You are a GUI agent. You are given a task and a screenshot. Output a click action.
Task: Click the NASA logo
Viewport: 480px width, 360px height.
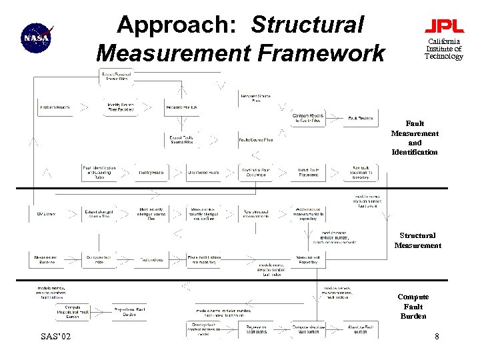click(36, 37)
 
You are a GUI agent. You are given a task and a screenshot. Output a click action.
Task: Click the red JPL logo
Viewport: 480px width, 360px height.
click(444, 27)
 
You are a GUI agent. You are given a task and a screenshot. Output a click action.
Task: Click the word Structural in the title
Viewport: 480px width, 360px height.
click(307, 25)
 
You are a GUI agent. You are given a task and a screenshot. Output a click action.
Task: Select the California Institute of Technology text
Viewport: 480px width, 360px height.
click(444, 49)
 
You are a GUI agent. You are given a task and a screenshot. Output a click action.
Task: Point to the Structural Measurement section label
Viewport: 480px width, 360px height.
click(417, 240)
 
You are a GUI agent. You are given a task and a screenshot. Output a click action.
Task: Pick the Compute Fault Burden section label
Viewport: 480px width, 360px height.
click(413, 306)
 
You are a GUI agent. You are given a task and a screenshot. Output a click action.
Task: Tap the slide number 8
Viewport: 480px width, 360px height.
click(437, 337)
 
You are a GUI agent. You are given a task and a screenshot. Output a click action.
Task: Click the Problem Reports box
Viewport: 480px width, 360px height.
click(55, 107)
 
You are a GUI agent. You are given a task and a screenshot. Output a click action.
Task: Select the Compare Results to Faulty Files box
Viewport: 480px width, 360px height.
click(308, 118)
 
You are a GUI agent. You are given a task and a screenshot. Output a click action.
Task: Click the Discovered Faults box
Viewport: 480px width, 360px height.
click(203, 173)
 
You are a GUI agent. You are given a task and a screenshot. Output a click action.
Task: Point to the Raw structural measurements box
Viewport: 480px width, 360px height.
click(256, 213)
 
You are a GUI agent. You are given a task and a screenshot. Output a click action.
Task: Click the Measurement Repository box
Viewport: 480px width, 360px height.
click(308, 259)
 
